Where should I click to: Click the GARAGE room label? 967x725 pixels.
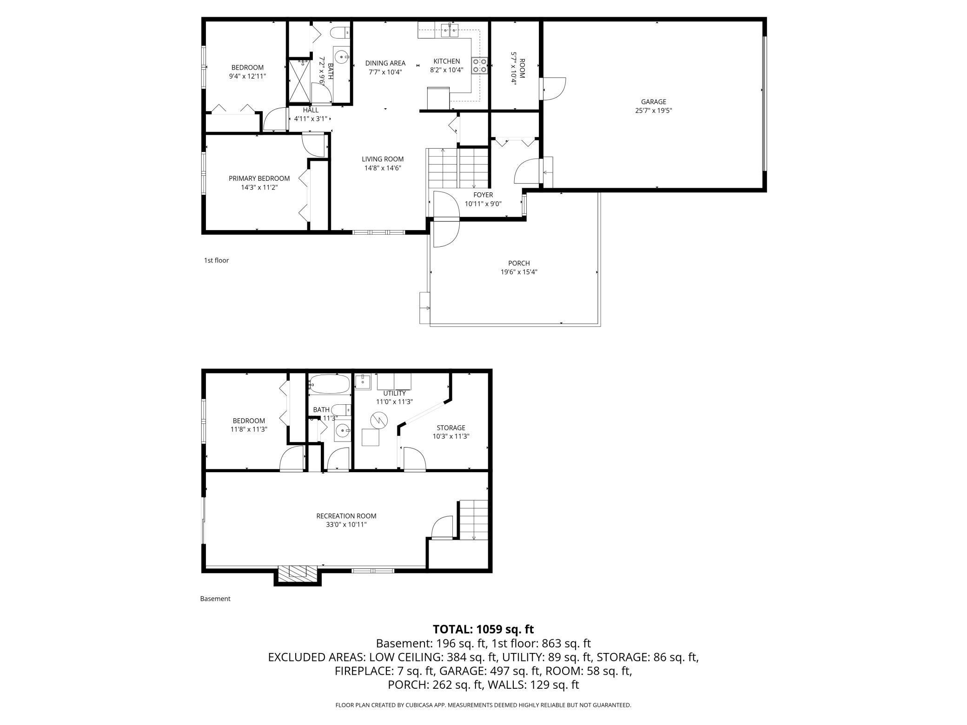(653, 102)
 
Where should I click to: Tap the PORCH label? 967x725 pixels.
(519, 264)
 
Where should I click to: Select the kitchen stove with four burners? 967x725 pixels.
(480, 66)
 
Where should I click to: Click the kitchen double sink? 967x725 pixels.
(450, 31)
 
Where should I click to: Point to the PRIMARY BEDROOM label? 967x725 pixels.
(259, 178)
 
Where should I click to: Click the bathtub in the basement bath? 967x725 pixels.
(329, 384)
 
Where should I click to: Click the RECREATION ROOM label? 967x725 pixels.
(346, 516)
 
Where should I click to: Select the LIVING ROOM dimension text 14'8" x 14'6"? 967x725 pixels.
(383, 168)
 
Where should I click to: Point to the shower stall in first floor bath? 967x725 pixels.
(299, 81)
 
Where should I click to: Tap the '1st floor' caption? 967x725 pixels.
(216, 260)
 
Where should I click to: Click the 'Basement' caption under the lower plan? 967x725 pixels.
(215, 599)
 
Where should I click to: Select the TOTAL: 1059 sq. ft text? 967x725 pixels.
(483, 629)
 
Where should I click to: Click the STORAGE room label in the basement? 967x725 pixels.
(450, 428)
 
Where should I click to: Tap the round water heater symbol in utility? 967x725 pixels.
(378, 420)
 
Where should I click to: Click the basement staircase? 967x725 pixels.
(474, 520)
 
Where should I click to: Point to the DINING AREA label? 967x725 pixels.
(385, 63)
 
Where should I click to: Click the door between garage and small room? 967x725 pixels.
(553, 88)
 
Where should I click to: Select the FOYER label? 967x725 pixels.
(483, 195)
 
